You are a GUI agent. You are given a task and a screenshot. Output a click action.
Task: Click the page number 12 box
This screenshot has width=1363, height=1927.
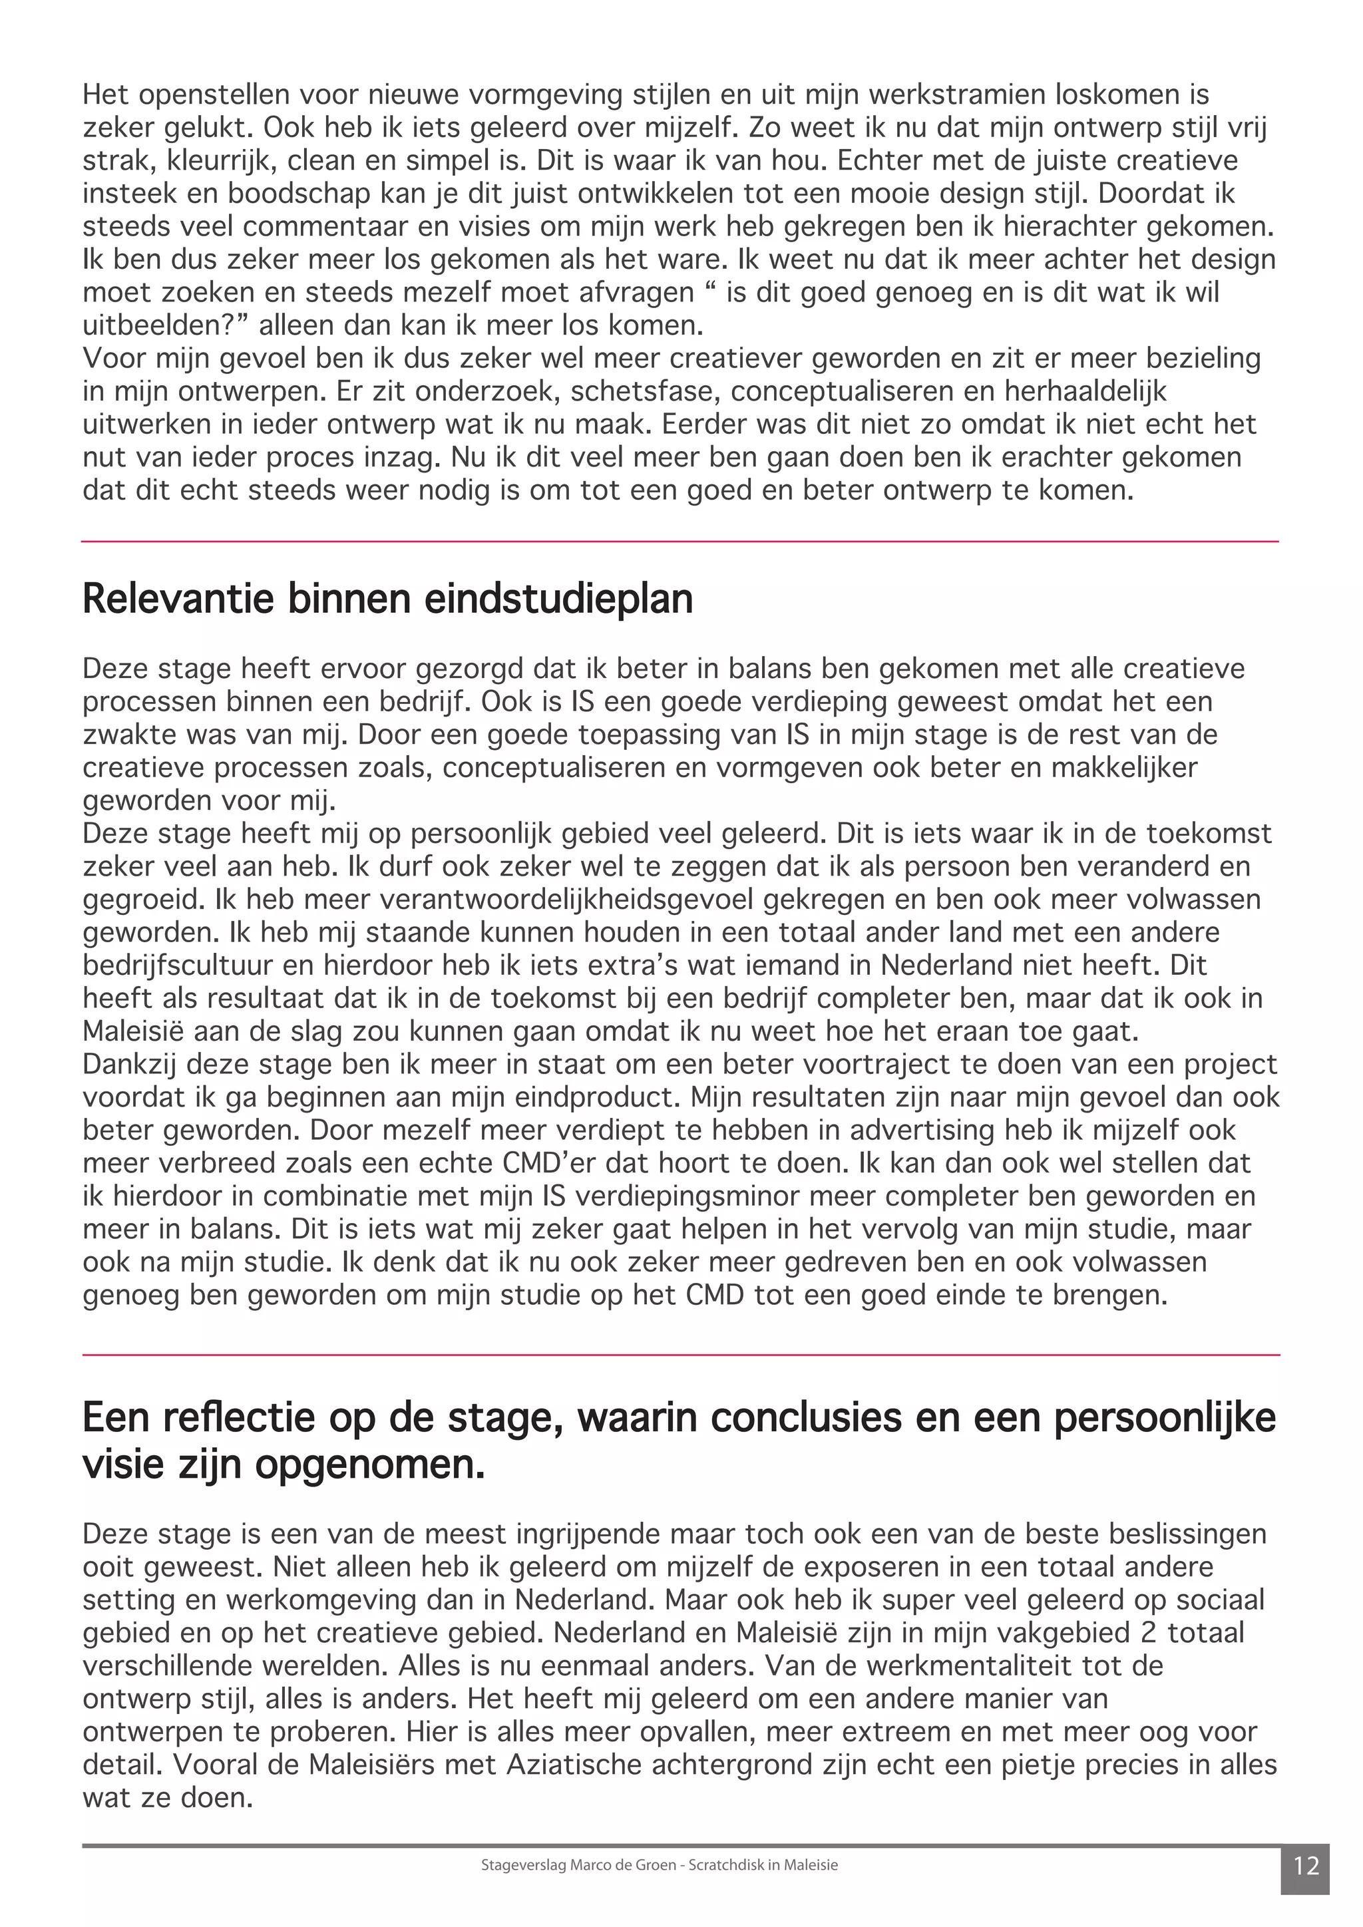pos(1306,1866)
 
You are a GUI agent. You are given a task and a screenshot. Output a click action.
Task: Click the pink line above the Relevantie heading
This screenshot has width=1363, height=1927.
pos(680,542)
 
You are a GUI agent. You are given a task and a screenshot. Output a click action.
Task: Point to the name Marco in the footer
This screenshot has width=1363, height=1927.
pos(590,1865)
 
